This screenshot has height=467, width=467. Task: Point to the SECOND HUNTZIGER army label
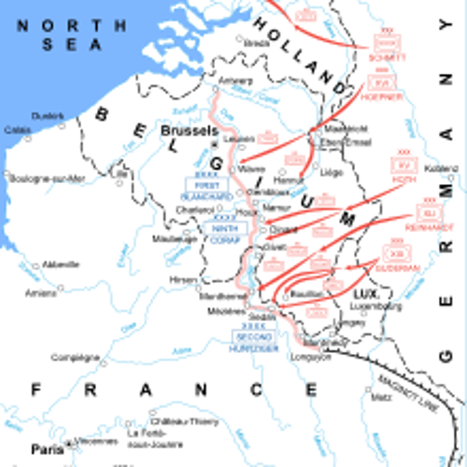(254, 342)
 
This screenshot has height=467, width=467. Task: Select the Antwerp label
(235, 80)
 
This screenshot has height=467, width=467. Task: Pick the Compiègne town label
(75, 357)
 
